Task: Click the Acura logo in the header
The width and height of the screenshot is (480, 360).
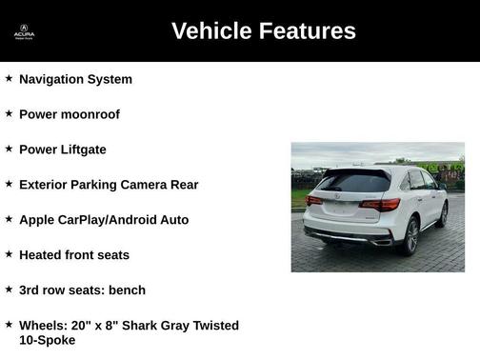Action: click(24, 31)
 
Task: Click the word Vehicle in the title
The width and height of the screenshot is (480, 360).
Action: click(213, 31)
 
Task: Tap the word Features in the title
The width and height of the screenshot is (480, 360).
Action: click(308, 31)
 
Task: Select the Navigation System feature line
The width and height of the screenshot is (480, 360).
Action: click(75, 79)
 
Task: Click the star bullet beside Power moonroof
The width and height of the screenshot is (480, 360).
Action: click(9, 113)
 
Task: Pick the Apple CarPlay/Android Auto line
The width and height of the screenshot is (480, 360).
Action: click(104, 220)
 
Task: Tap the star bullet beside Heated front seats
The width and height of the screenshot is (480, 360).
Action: click(9, 254)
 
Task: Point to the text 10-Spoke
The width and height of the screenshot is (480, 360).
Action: click(47, 340)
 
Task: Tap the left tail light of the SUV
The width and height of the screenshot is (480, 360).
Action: click(313, 201)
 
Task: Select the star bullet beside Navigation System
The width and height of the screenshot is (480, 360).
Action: click(9, 78)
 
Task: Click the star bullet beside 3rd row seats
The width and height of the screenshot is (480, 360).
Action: click(9, 290)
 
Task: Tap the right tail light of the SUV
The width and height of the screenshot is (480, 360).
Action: click(379, 205)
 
